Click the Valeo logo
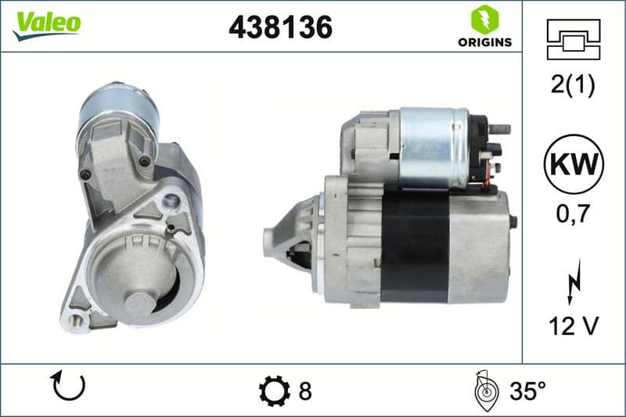[46, 24]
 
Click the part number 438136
[280, 27]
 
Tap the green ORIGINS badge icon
[481, 19]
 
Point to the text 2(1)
[574, 86]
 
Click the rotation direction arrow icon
[67, 386]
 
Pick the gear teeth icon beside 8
[273, 390]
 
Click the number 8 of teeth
[305, 390]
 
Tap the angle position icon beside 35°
[485, 390]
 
